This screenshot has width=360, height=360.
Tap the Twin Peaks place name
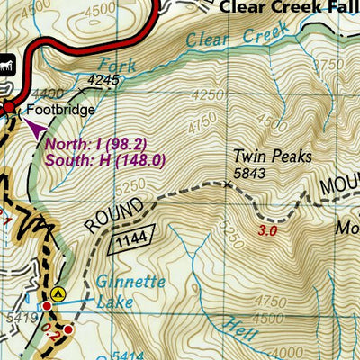pos(272,157)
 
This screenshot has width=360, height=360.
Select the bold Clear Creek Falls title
pos(288,6)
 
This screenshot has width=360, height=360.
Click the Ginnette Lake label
pos(130,291)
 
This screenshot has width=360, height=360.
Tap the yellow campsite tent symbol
pos(59,292)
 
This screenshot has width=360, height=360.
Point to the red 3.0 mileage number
pos(267,231)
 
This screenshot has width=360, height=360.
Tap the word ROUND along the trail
pos(101,216)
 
